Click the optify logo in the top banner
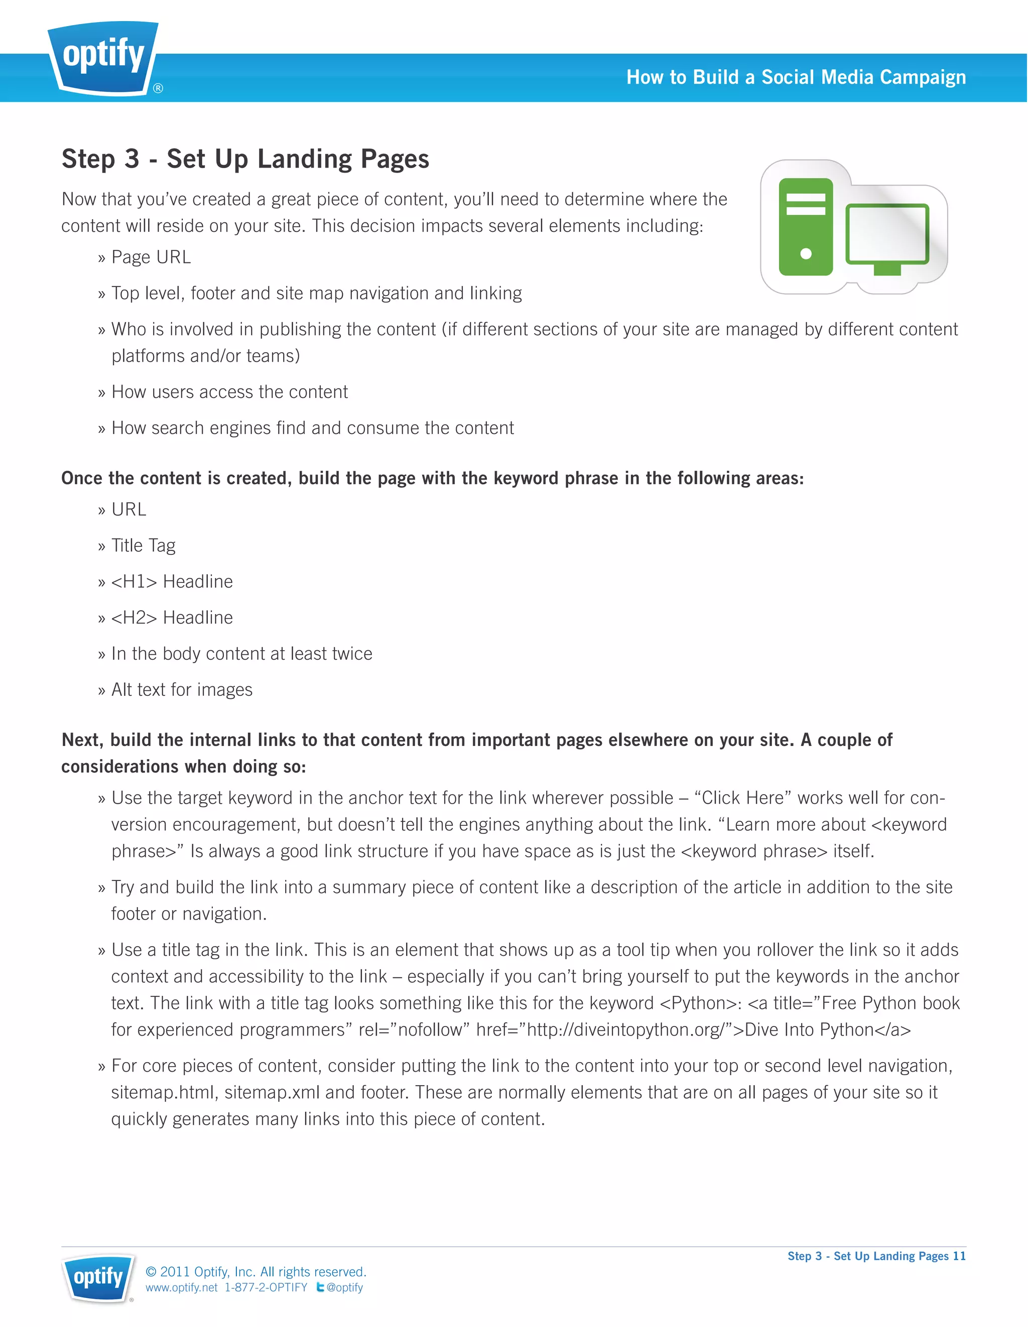(103, 58)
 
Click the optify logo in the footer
(98, 1278)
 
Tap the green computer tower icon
(806, 227)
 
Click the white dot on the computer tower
(806, 254)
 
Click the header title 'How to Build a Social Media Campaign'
(796, 77)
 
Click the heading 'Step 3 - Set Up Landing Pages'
(245, 159)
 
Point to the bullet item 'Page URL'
(151, 257)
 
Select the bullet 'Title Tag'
(144, 546)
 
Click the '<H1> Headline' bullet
(172, 581)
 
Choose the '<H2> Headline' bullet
(172, 617)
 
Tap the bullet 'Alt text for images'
(182, 690)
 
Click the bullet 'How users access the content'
(229, 392)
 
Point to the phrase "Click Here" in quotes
(742, 798)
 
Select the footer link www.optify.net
(181, 1287)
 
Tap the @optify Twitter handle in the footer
(344, 1287)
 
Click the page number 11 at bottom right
(959, 1256)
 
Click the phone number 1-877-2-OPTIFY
(266, 1287)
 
